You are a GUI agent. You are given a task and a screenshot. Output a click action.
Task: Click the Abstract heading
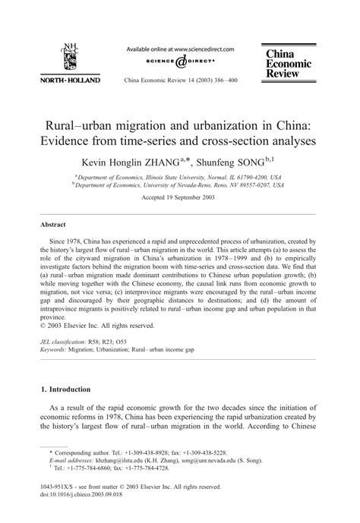pos(54,225)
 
